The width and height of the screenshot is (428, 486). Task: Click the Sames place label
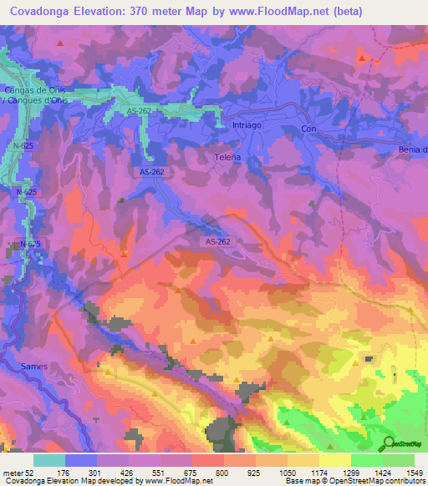coord(34,367)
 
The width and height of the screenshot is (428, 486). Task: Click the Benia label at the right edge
coord(413,149)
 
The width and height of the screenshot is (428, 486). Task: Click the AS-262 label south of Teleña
coord(217,240)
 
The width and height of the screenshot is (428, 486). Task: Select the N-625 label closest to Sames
coord(30,243)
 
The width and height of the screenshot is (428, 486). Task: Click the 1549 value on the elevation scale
coord(405,472)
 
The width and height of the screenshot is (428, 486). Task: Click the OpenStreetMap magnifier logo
coord(390,443)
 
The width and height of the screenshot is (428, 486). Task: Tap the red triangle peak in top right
coord(361,58)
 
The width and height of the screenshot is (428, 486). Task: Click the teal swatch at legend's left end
coord(48,459)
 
